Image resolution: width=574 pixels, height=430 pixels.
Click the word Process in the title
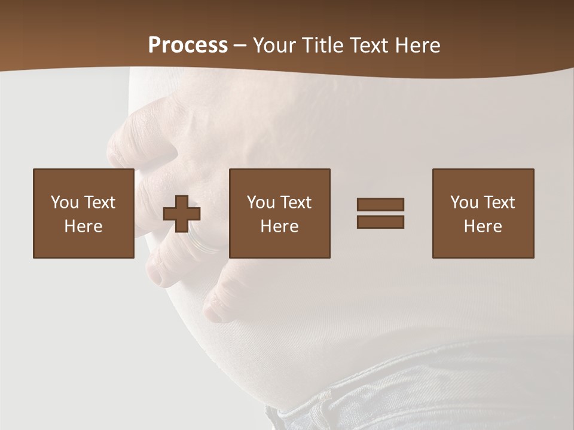tap(188, 45)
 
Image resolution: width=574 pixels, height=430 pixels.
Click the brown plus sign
tap(182, 213)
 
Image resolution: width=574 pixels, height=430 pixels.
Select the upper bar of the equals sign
tap(380, 204)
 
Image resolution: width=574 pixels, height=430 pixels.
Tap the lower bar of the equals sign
tap(380, 222)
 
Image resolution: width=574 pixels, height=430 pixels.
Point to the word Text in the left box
tap(99, 202)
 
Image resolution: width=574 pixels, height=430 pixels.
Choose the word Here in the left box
tap(83, 226)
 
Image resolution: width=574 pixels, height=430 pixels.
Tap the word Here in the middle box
tap(279, 226)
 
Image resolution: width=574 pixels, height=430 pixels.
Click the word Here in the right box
tap(483, 226)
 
